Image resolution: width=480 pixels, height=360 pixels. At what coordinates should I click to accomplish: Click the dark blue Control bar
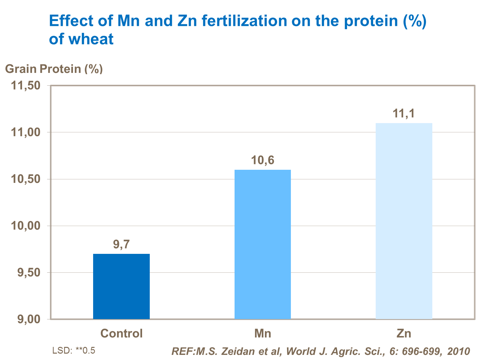tap(121, 286)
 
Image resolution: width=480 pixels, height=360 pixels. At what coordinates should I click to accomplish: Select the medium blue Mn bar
tap(262, 244)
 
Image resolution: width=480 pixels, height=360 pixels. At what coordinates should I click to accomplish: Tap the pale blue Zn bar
tap(404, 221)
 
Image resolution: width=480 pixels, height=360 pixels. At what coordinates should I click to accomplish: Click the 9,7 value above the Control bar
tap(121, 245)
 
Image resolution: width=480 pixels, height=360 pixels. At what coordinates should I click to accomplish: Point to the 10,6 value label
tap(262, 160)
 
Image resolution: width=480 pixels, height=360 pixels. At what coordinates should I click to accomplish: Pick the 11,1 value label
tap(404, 113)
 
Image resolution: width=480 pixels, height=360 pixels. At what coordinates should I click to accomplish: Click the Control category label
tap(121, 333)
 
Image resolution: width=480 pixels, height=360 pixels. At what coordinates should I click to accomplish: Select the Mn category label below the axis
tap(262, 333)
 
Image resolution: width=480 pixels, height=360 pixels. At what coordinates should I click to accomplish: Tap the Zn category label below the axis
tap(404, 333)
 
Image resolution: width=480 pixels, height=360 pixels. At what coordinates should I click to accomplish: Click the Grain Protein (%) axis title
tap(54, 69)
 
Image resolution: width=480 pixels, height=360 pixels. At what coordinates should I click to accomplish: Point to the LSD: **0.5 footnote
tap(74, 350)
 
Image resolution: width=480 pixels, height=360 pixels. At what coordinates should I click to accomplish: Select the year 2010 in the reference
tap(459, 351)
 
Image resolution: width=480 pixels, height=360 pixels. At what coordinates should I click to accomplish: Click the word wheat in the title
tap(91, 39)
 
